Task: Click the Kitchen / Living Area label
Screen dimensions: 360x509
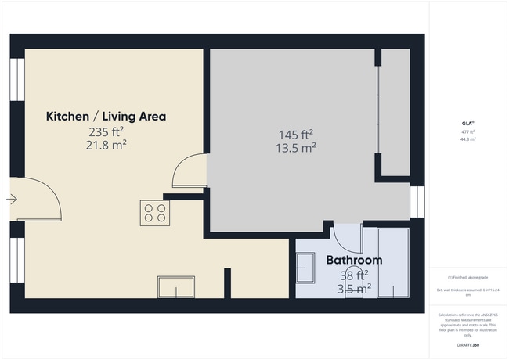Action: (x=106, y=117)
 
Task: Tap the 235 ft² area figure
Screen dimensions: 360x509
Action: (x=106, y=131)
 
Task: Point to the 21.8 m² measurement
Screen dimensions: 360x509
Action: (x=106, y=145)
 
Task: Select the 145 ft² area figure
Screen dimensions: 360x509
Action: (x=296, y=134)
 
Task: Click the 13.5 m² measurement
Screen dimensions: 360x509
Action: (x=296, y=147)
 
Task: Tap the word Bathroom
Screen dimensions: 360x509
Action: (x=354, y=261)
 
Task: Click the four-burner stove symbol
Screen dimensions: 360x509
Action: (x=155, y=213)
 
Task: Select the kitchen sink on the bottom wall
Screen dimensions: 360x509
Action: (x=175, y=287)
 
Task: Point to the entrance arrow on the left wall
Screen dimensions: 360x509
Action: (x=12, y=200)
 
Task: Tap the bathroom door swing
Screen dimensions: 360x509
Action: (x=347, y=237)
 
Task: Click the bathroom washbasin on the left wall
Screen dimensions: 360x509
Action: (x=305, y=268)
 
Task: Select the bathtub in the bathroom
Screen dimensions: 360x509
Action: (x=393, y=263)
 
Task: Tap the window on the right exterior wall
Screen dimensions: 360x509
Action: (x=417, y=201)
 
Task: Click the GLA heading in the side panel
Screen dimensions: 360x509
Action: (x=467, y=124)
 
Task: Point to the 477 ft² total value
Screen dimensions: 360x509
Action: (x=467, y=132)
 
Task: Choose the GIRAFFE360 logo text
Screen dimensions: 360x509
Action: (x=467, y=345)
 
